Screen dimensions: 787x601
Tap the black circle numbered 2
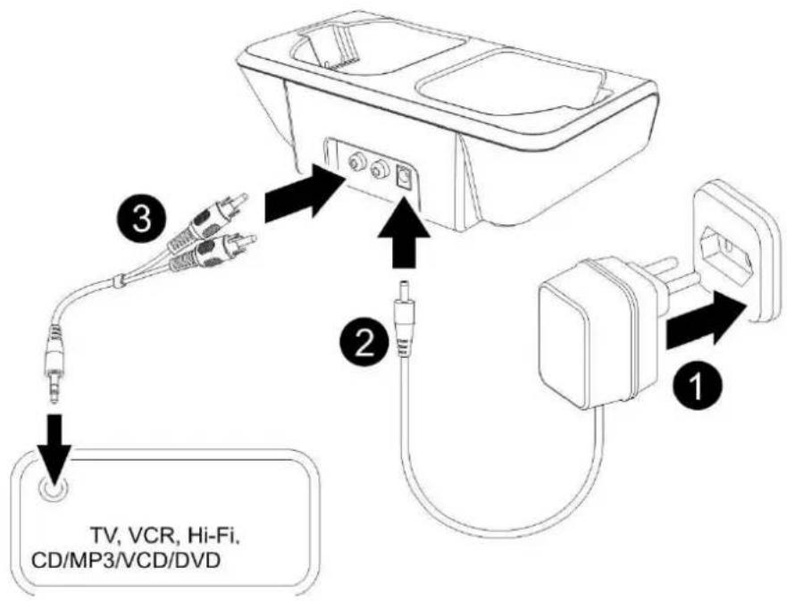tap(364, 345)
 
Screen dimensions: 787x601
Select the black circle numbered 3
tap(143, 221)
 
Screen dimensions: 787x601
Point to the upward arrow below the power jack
tap(404, 232)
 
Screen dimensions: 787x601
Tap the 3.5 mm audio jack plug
tap(54, 365)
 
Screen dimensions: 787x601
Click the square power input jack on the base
tap(404, 177)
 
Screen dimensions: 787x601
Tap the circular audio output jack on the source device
tap(52, 487)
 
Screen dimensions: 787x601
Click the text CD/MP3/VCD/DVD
tap(125, 560)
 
